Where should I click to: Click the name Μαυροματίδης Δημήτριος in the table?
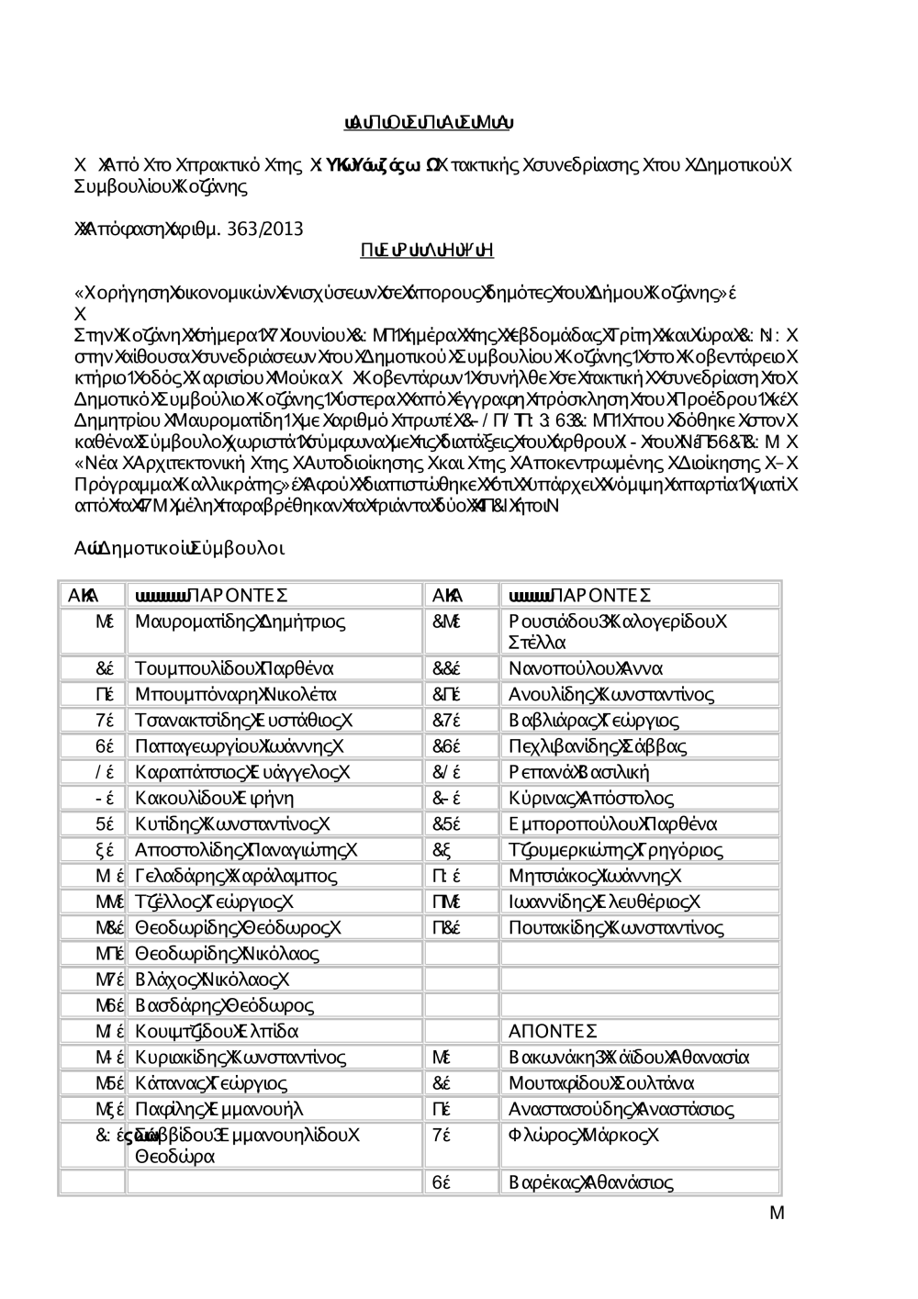[x=241, y=622]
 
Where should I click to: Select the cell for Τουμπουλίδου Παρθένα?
[x=234, y=667]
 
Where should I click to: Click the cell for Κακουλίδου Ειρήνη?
[x=215, y=798]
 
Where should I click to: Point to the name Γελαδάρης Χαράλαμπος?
[x=236, y=876]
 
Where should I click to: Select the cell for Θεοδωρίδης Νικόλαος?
[x=227, y=954]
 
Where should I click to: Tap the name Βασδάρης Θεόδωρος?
[x=224, y=1005]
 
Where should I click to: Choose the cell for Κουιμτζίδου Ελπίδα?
[x=217, y=1031]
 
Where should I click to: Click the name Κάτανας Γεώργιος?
[x=211, y=1083]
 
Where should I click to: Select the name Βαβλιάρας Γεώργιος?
[x=594, y=720]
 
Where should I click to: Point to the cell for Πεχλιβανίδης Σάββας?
[x=598, y=746]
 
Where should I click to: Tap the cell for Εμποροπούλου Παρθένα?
[x=613, y=823]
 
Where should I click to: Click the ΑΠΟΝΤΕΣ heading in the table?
[x=554, y=1031]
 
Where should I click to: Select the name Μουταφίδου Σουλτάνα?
[x=601, y=1083]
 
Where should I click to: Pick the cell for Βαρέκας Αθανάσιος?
[x=591, y=1182]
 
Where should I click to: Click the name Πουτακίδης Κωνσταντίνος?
[x=617, y=927]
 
